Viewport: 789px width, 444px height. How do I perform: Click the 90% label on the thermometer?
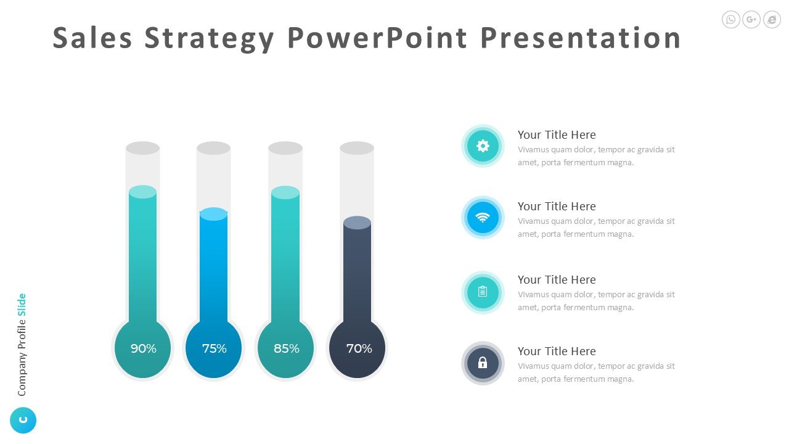point(144,348)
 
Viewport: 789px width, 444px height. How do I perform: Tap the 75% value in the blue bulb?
point(214,348)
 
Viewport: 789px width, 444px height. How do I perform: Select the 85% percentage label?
point(287,348)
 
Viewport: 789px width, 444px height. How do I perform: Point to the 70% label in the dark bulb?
point(359,348)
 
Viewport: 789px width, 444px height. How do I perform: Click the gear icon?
point(483,146)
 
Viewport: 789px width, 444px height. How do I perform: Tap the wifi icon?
point(483,218)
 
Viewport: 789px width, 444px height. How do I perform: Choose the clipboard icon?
point(483,292)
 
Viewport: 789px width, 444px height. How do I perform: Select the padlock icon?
point(483,363)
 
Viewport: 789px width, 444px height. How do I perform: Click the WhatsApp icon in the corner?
point(730,19)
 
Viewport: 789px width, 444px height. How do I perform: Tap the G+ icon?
point(751,19)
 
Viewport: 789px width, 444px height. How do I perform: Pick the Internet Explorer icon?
point(772,19)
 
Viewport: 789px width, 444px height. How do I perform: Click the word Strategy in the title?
point(209,39)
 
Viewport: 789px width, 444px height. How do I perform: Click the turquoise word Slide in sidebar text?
point(22,305)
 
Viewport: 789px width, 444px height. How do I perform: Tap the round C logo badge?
point(23,420)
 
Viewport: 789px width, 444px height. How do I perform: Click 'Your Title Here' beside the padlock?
point(557,351)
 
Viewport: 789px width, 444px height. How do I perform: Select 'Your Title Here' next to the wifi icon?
point(557,206)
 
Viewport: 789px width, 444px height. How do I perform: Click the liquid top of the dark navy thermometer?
point(357,223)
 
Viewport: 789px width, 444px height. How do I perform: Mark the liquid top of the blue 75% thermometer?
point(213,214)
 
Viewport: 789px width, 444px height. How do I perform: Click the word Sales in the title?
point(92,38)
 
